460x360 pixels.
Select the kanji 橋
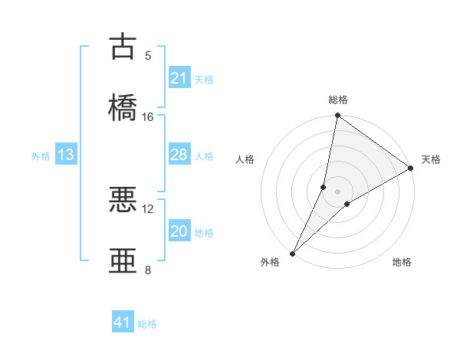click(x=123, y=106)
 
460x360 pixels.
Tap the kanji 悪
click(x=123, y=199)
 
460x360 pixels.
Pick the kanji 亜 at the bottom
click(x=123, y=260)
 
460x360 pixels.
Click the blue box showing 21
click(x=179, y=78)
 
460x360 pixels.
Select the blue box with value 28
click(x=179, y=155)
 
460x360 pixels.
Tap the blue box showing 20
click(x=179, y=231)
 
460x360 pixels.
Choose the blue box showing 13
click(x=66, y=155)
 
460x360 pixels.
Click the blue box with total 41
click(x=123, y=322)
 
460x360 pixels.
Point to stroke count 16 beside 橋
click(x=148, y=117)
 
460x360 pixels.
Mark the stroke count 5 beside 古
click(x=148, y=56)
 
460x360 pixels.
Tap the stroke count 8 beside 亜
click(x=148, y=270)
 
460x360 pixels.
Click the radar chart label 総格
click(x=338, y=100)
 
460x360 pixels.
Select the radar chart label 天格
click(x=431, y=159)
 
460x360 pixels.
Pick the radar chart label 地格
click(x=402, y=262)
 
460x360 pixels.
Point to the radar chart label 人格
click(x=245, y=159)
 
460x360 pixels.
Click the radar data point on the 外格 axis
click(x=292, y=253)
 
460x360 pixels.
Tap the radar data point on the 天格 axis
click(x=411, y=169)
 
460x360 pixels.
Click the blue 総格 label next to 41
click(x=147, y=324)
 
